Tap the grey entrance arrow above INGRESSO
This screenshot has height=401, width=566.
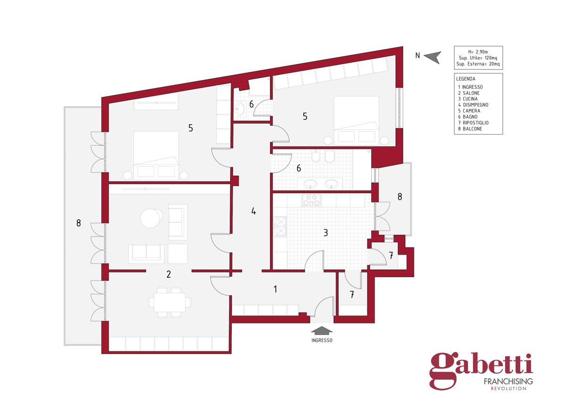pyautogui.click(x=321, y=331)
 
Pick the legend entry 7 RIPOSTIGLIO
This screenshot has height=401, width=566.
pyautogui.click(x=473, y=123)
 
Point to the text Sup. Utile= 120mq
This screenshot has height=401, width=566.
pyautogui.click(x=478, y=58)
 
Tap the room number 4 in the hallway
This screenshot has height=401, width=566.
pyautogui.click(x=253, y=211)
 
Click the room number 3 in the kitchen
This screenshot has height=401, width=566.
pyautogui.click(x=326, y=233)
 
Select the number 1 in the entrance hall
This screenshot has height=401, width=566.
pyautogui.click(x=275, y=289)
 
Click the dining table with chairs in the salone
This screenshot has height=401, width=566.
pyautogui.click(x=169, y=302)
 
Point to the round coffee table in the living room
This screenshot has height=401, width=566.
pyautogui.click(x=151, y=218)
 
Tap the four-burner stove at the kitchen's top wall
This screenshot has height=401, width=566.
pyautogui.click(x=312, y=200)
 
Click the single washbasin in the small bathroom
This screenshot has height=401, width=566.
pyautogui.click(x=240, y=109)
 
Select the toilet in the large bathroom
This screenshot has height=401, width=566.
pyautogui.click(x=330, y=157)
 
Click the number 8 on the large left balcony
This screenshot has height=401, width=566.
pyautogui.click(x=79, y=223)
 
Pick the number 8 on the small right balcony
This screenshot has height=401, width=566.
pyautogui.click(x=400, y=196)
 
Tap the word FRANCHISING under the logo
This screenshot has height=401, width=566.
pyautogui.click(x=508, y=382)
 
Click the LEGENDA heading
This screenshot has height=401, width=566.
pyautogui.click(x=466, y=79)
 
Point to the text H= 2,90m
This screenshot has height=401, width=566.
pyautogui.click(x=478, y=52)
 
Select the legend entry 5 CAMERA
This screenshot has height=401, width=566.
pyautogui.click(x=469, y=111)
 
